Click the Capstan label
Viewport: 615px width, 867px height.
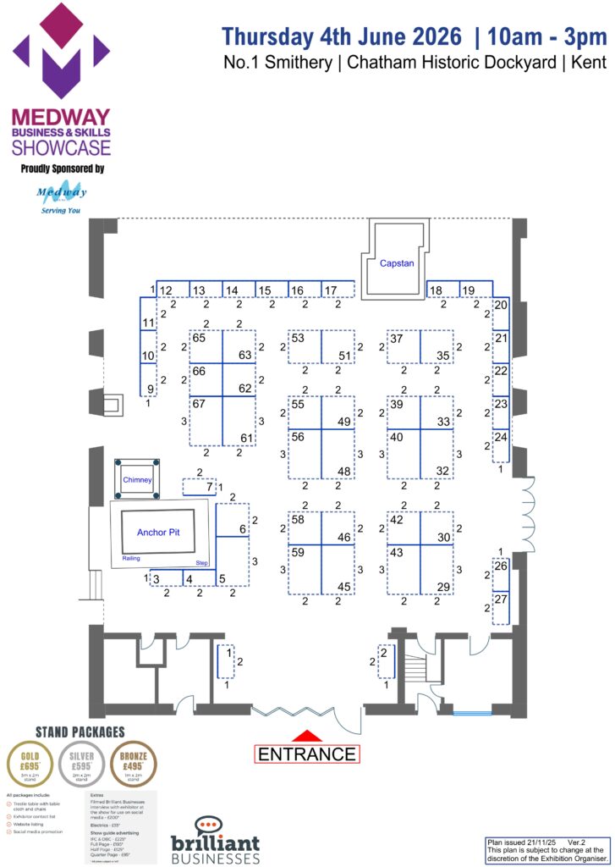click(x=397, y=263)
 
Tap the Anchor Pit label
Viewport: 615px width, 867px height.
click(x=160, y=533)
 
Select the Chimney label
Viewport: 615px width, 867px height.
click(x=137, y=480)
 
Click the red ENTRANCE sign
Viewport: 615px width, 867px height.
click(x=307, y=754)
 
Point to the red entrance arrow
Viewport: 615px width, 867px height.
click(x=307, y=736)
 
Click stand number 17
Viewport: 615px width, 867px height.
click(x=331, y=291)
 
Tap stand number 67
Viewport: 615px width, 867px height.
click(x=199, y=404)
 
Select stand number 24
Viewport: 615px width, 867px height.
click(x=501, y=437)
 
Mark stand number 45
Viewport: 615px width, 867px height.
click(x=344, y=587)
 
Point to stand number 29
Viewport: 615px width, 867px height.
click(x=443, y=587)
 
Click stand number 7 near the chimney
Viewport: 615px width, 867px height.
click(x=210, y=487)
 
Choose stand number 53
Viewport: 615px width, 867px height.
click(x=298, y=338)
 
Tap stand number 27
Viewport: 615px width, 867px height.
click(x=501, y=599)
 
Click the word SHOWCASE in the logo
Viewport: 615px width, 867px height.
click(x=61, y=148)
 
